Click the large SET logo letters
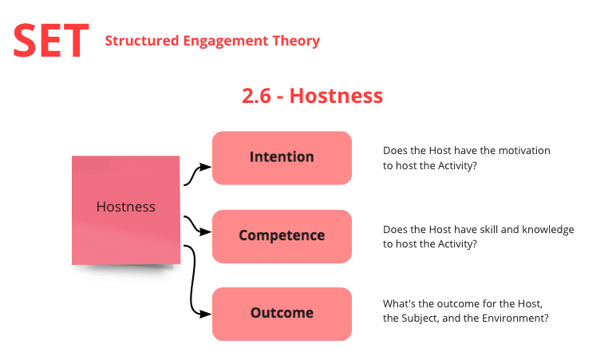click(x=51, y=41)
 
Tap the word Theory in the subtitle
click(x=296, y=42)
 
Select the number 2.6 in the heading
click(x=256, y=96)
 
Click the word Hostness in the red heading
click(x=336, y=96)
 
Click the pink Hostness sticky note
click(x=126, y=210)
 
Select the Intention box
click(x=282, y=158)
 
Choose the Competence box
click(x=282, y=236)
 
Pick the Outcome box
click(x=282, y=314)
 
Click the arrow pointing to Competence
click(x=196, y=225)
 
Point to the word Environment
click(x=515, y=318)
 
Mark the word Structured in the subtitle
click(x=142, y=41)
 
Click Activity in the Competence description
click(x=457, y=244)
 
